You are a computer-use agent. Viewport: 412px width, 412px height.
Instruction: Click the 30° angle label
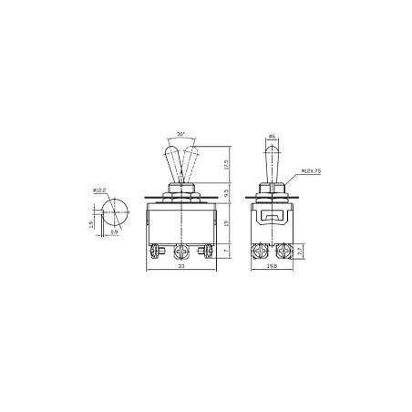tap(181, 134)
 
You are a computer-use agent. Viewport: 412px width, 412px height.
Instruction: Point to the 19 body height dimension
tap(225, 219)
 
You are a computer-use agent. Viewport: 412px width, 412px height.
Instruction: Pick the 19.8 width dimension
tap(273, 268)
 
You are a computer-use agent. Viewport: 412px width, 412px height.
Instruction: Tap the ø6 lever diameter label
tap(273, 137)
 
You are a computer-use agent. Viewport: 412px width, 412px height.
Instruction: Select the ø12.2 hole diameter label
tap(100, 190)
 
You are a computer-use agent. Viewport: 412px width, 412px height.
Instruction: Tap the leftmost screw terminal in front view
tap(154, 249)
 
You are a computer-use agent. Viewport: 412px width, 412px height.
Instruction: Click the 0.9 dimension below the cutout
tap(113, 233)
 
